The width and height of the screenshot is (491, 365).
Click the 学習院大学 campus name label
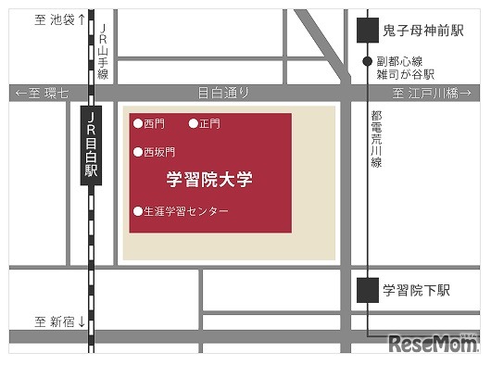[x=209, y=179]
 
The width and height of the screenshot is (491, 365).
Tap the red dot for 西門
[x=138, y=123]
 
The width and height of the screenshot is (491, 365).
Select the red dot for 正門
[x=194, y=123]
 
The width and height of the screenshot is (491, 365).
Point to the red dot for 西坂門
[x=138, y=152]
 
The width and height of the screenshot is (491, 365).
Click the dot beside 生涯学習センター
[x=138, y=211]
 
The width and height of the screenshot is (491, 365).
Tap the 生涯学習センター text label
[x=186, y=211]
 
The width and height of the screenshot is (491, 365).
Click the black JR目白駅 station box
[x=91, y=146]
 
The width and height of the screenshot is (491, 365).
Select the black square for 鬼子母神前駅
[x=369, y=30]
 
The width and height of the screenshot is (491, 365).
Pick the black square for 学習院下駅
[x=369, y=290]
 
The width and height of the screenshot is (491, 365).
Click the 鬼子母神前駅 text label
[x=422, y=31]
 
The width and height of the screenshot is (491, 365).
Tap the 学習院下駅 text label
[x=416, y=291]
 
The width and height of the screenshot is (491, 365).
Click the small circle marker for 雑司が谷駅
[x=368, y=62]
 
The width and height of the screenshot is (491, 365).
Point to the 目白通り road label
[x=224, y=93]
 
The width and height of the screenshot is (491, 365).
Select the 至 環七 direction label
[x=41, y=94]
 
